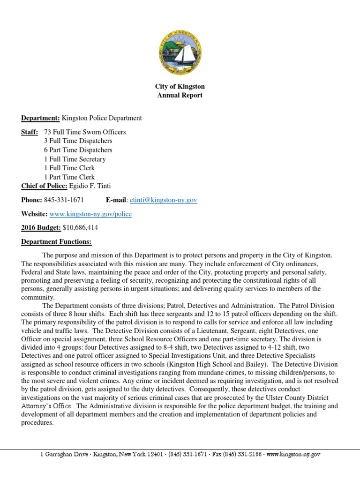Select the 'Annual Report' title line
(x=180, y=96)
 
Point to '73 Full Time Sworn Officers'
(x=84, y=132)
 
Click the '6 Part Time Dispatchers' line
(x=78, y=150)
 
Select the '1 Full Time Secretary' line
(x=75, y=159)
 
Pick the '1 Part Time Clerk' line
(x=69, y=177)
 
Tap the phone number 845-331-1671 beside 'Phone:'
(x=64, y=200)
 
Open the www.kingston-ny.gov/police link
(x=90, y=214)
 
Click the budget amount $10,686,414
(x=80, y=227)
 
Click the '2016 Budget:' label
(x=41, y=227)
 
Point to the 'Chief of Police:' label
(x=45, y=186)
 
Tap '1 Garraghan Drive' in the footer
(x=64, y=455)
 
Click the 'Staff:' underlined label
(x=30, y=132)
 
